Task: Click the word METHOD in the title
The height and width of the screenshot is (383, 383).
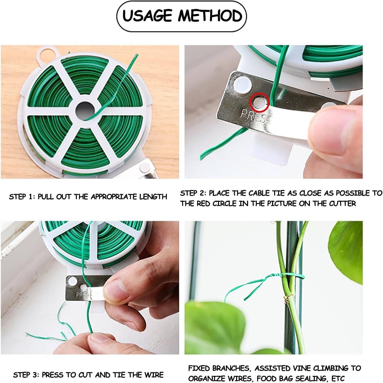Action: pyautogui.click(x=210, y=16)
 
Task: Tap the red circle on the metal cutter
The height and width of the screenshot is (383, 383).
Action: pyautogui.click(x=260, y=102)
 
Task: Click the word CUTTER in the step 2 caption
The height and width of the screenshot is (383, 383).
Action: pyautogui.click(x=342, y=204)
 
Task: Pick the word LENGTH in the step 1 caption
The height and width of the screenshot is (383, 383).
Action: pyautogui.click(x=153, y=197)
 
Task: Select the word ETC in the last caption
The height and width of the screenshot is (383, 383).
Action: pyautogui.click(x=339, y=378)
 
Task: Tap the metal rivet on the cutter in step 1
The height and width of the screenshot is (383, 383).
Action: pyautogui.click(x=143, y=168)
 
